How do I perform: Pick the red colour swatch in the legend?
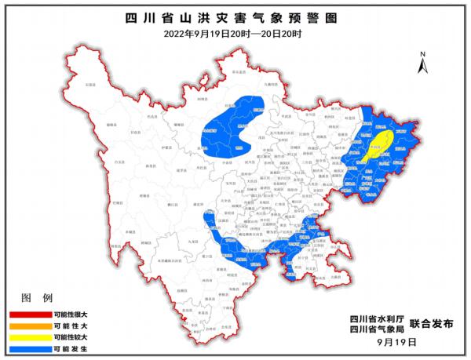pos(27,312)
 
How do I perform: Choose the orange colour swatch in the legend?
pos(27,324)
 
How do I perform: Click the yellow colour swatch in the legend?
pos(27,336)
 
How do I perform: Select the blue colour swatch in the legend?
pos(27,347)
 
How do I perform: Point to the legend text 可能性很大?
pos(71,312)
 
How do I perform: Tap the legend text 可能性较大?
pos(71,336)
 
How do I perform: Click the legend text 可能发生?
pos(71,347)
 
